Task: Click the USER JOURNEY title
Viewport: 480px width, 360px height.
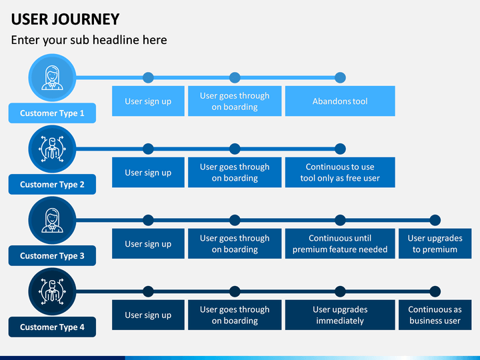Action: pos(65,19)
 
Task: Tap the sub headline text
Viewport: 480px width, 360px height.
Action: pos(89,40)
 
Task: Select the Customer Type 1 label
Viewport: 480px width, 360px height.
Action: pos(52,113)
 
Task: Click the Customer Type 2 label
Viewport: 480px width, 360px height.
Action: pos(52,184)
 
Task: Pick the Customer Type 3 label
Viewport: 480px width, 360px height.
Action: pos(52,255)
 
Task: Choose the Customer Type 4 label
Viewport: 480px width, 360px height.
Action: pos(52,327)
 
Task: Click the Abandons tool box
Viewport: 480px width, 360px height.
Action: pos(340,101)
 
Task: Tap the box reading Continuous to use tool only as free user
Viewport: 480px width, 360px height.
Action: pos(340,173)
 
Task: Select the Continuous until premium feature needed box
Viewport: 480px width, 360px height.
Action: pos(340,244)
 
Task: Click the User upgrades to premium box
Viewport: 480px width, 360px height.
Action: pos(435,244)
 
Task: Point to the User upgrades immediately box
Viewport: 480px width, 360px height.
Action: pos(340,315)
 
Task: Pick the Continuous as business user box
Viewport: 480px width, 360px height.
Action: pos(435,315)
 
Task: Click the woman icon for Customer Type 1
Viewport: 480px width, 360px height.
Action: pos(53,78)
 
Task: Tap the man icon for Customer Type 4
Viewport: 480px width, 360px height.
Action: pos(53,292)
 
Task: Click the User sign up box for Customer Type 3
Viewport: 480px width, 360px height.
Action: pos(148,244)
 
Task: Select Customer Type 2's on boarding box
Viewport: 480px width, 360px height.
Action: pos(235,173)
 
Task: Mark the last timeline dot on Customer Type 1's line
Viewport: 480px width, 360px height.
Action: pos(340,78)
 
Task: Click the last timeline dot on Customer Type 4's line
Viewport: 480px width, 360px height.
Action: pos(435,292)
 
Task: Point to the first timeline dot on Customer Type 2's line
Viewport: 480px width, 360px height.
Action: pos(148,149)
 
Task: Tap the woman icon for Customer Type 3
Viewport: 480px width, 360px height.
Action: pos(53,221)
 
